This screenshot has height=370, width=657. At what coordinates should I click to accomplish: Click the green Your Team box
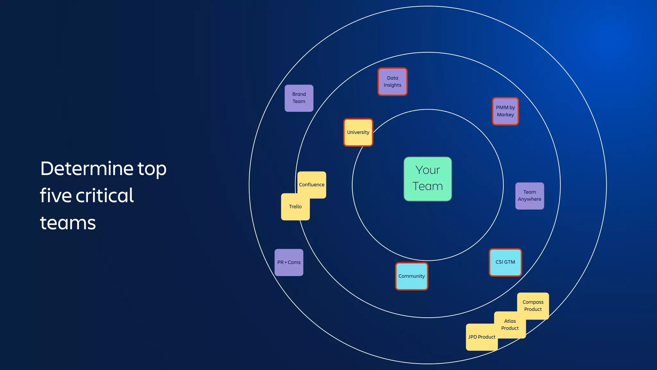click(x=428, y=179)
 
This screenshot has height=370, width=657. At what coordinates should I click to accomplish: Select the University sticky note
click(x=358, y=132)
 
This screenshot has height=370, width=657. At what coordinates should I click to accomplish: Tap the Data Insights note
click(x=392, y=82)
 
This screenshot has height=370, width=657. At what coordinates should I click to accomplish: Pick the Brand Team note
click(x=299, y=98)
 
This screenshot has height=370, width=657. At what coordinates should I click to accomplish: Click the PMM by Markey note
click(x=505, y=111)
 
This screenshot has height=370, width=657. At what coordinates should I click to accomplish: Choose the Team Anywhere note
click(x=530, y=196)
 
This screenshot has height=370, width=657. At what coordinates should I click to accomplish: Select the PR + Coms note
click(x=289, y=262)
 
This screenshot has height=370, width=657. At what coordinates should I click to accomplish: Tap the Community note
click(x=412, y=276)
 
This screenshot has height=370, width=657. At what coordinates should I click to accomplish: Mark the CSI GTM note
click(x=505, y=262)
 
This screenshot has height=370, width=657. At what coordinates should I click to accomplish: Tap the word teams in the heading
click(x=68, y=223)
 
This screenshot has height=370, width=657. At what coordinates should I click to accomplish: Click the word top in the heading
click(x=152, y=169)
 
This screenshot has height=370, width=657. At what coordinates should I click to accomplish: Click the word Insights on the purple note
click(x=392, y=85)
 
